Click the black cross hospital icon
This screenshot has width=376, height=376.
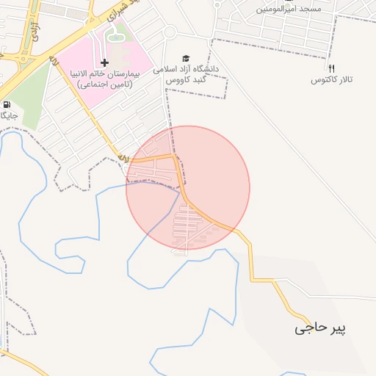pos(104,62)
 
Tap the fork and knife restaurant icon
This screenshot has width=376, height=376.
pos(331,68)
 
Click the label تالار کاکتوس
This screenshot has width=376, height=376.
pos(332,79)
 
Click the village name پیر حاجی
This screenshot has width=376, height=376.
pos(320,328)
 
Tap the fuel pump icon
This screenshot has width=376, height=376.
pos(7,105)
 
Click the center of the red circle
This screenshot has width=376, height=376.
pos(188,188)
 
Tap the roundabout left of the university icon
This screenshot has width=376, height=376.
pos(170,32)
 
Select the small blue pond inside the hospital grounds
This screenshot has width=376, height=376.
pos(116,35)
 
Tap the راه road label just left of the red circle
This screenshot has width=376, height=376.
pos(123,158)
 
